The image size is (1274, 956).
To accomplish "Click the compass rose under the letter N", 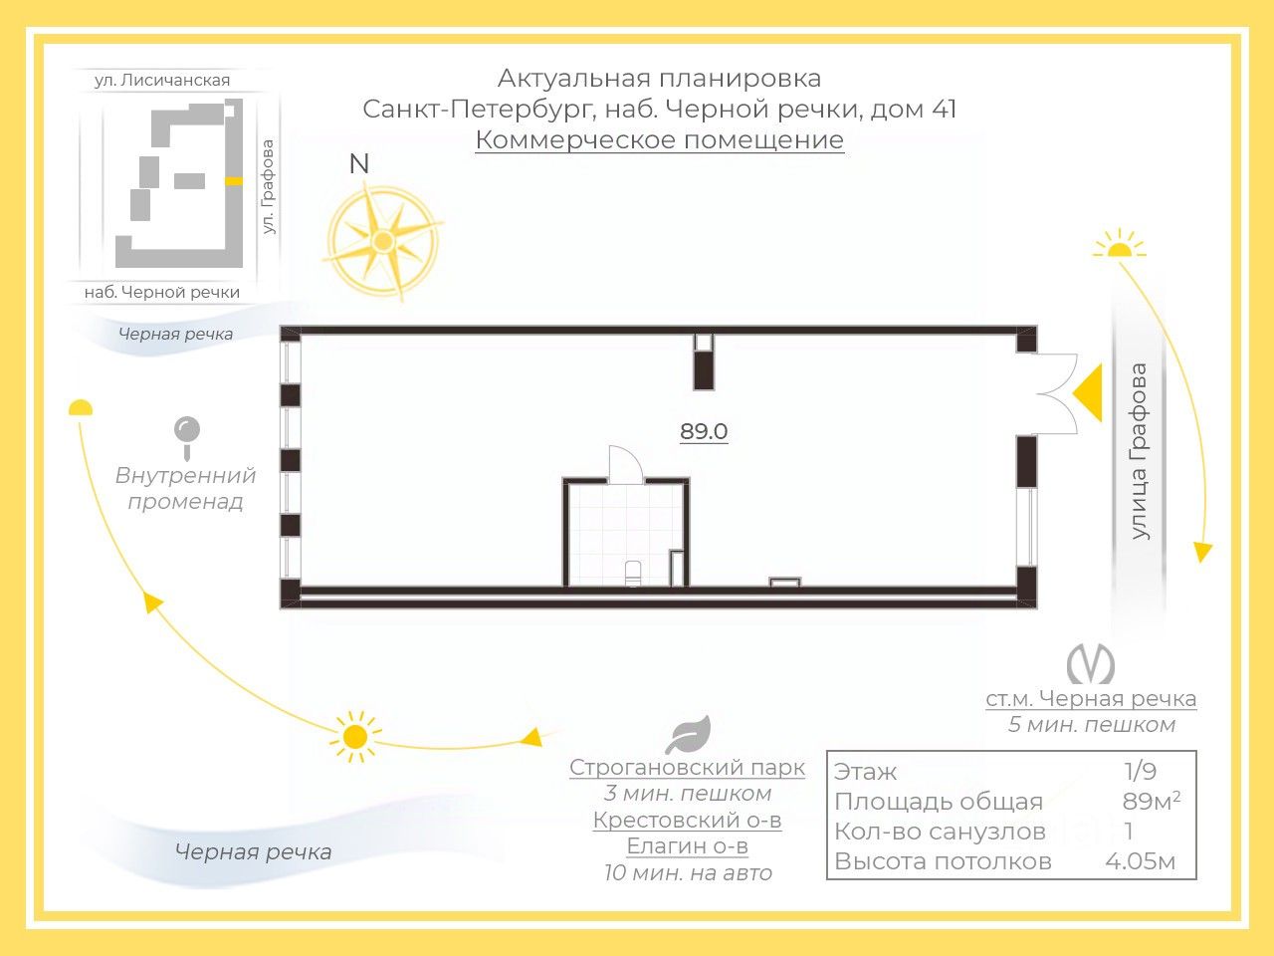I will pos(382,240).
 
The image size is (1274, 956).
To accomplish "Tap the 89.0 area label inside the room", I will pos(704,432).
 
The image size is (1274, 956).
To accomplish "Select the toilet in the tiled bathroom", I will pos(633,575).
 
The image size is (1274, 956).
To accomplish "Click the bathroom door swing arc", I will pos(627,465).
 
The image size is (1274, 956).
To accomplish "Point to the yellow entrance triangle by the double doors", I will pos(1088,392).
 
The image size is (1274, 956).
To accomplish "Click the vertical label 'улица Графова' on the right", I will pos(1139,451).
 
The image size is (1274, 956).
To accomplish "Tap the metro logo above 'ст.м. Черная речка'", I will pos(1090,664).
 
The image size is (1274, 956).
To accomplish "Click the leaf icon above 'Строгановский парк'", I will pos(688,735).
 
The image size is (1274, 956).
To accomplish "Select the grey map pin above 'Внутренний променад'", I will pos(186,436).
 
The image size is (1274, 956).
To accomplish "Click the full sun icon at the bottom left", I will pos(354,737).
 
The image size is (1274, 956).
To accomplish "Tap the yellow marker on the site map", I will pos(234,181).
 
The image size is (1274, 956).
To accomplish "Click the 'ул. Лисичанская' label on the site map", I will pos(162,81).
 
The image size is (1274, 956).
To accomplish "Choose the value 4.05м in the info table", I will pos(1140,861).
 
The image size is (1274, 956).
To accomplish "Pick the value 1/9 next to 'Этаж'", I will pos(1140,772).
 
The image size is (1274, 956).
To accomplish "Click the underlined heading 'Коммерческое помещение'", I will pos(659,140).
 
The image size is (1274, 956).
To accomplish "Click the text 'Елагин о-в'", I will pos(687,846).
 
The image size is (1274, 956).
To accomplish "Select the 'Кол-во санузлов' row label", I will pos(940,832).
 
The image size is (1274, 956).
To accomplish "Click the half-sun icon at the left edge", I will pos(81,407).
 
